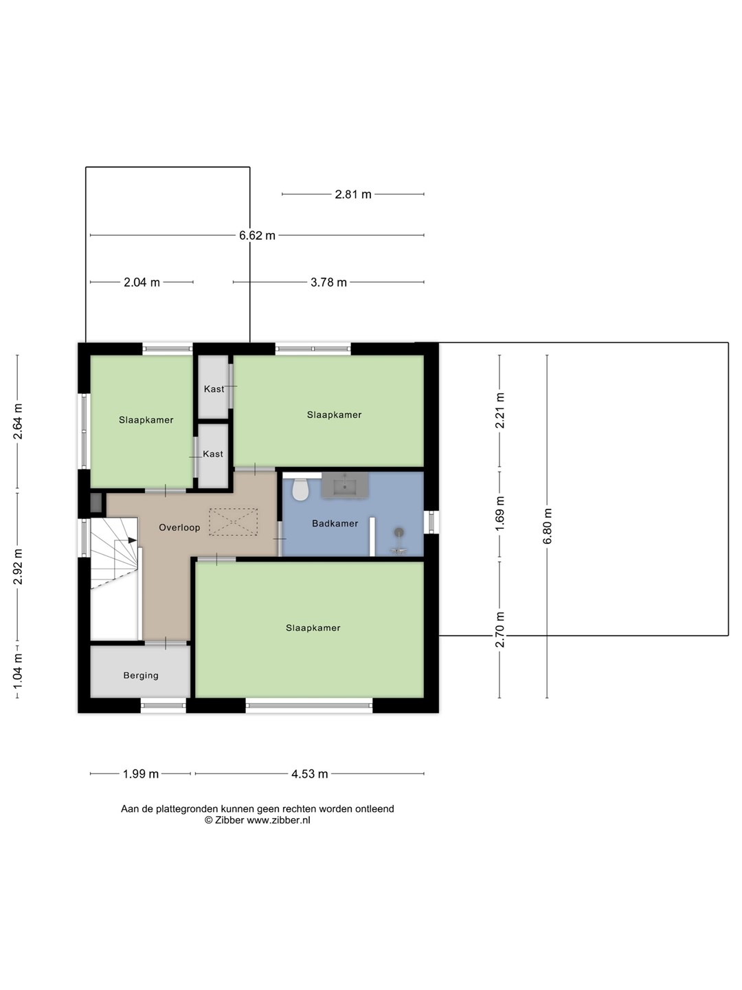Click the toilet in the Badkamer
(300, 488)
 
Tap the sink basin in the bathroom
(345, 486)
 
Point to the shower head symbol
(398, 533)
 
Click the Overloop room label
(179, 527)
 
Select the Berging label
(141, 675)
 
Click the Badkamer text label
(335, 523)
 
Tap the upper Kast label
(214, 389)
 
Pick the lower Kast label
(213, 454)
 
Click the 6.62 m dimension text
(257, 235)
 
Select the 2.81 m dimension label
(353, 195)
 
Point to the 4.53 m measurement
(309, 774)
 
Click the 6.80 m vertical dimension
(548, 526)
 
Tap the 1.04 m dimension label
(18, 672)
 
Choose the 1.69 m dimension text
(499, 514)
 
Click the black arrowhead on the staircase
(132, 540)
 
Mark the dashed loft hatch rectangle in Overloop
(234, 522)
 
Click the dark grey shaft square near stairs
(96, 503)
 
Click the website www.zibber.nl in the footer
(278, 820)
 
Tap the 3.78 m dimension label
(329, 283)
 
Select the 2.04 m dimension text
(142, 283)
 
